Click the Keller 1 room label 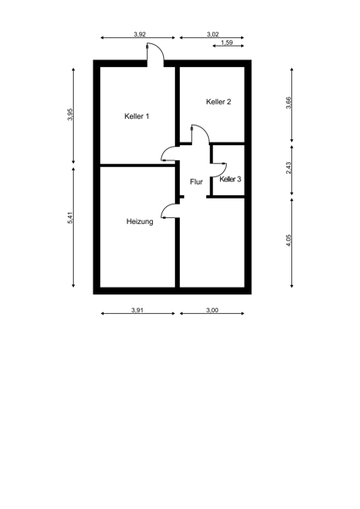click(137, 116)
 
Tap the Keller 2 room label click(218, 102)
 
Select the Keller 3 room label click(230, 179)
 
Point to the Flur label click(196, 182)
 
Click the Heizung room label click(140, 221)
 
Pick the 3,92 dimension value click(140, 35)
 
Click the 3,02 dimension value click(213, 35)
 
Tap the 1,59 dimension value click(227, 42)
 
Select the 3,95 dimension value click(70, 115)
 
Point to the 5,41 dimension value click(70, 217)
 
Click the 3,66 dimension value click(289, 103)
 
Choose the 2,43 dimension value click(289, 168)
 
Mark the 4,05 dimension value click(289, 241)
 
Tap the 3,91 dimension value click(138, 310)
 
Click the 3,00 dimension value click(212, 310)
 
